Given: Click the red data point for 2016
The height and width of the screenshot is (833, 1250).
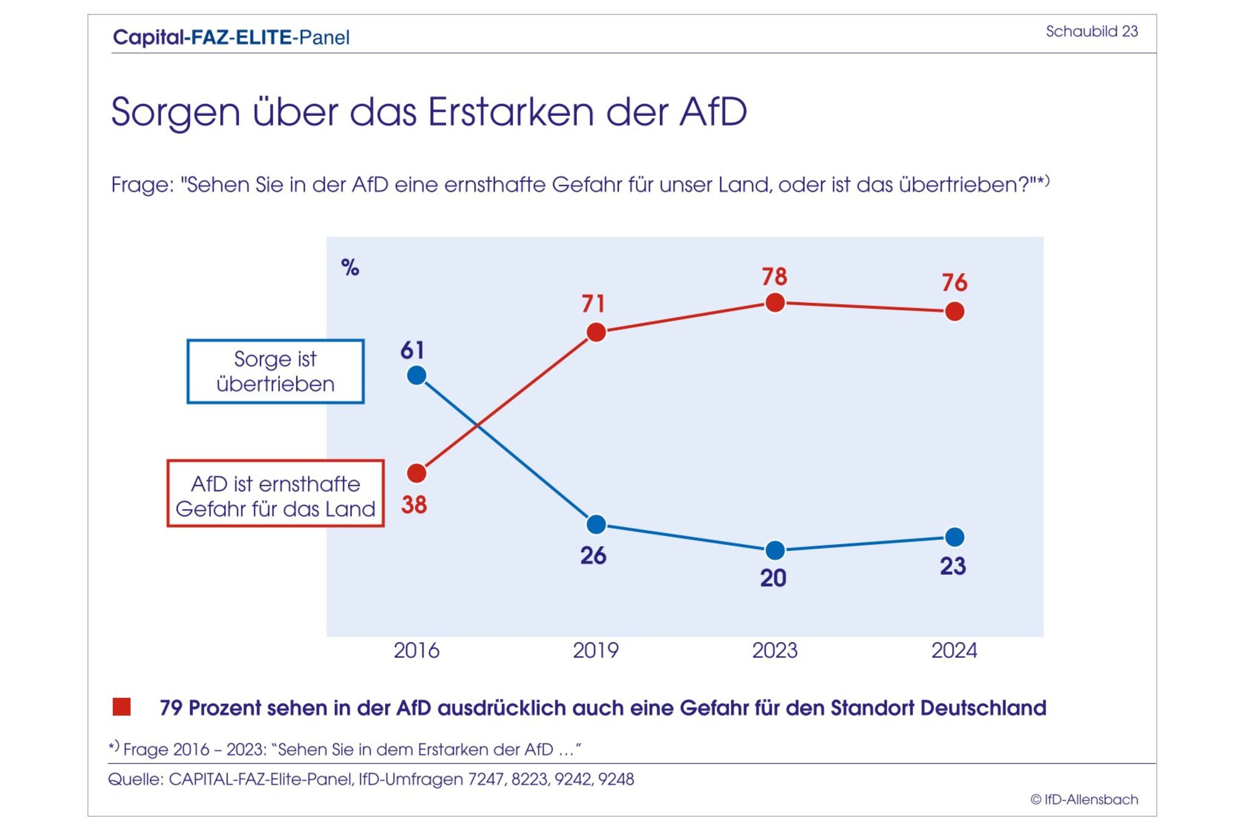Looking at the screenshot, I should pos(416,473).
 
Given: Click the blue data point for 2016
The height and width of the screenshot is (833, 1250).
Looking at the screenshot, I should pos(416,375).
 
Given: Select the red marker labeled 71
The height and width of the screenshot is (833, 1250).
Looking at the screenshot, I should pos(596,332).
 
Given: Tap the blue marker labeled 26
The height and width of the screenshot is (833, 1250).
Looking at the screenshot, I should pos(596,524).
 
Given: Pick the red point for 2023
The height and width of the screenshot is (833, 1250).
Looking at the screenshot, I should pos(775,302).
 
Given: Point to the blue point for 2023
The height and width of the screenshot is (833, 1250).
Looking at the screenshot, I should pos(775,550).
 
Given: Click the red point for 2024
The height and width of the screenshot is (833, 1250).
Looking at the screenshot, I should pos(955,311).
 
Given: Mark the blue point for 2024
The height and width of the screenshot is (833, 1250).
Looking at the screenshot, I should pos(955,537).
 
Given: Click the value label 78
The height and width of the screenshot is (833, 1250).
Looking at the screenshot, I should pos(775,277).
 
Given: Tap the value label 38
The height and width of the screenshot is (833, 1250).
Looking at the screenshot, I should pos(414,505).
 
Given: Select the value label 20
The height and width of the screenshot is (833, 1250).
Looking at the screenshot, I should pos(773,578).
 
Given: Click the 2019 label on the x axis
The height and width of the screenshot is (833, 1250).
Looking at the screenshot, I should pos(596,650).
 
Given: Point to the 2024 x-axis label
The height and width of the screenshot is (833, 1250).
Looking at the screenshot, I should pos(954,650).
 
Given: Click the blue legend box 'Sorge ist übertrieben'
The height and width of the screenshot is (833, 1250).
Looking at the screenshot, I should pos(275,371).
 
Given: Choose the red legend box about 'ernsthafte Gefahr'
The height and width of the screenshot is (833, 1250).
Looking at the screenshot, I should pos(275,493).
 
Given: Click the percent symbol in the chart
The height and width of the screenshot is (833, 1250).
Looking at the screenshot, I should pos(350,267).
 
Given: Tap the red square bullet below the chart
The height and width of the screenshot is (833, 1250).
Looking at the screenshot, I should pos(122,707).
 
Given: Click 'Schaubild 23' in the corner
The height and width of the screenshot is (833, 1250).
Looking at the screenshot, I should pos(1091,31).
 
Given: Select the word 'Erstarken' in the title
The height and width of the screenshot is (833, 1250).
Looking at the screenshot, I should pos(510,112).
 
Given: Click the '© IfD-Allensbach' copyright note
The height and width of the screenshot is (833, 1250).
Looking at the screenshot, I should pos(1084,799).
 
